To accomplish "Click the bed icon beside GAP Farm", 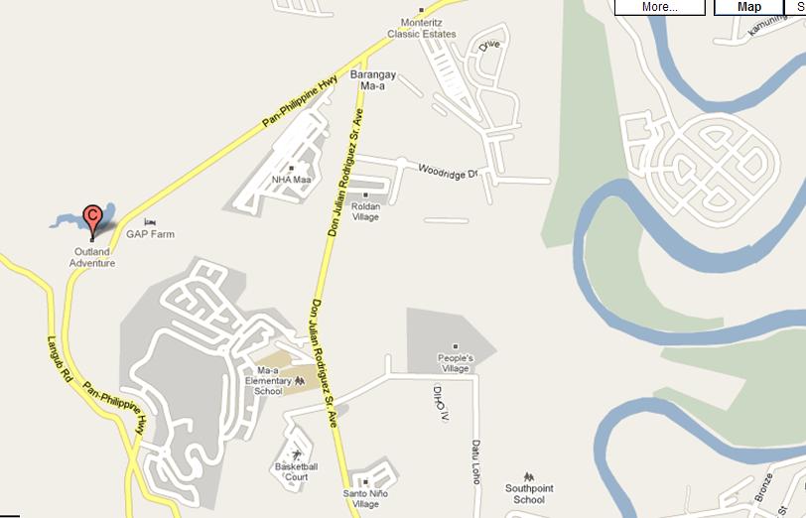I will (x=150, y=221).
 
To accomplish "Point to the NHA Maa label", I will (x=291, y=180).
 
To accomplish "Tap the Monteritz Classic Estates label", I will (x=422, y=28).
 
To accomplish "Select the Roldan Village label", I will (x=365, y=211).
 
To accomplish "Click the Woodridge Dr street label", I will (x=448, y=170).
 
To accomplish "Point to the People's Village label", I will (x=455, y=362).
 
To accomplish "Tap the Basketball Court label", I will (x=296, y=471).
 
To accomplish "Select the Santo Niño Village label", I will (x=361, y=498).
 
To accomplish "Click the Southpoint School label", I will (x=529, y=493).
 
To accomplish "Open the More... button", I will (x=660, y=7).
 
